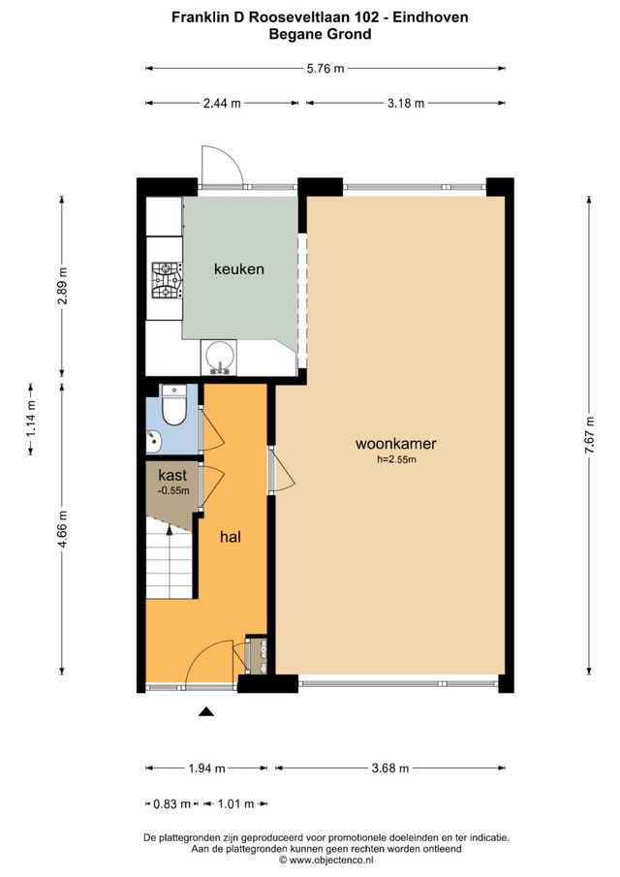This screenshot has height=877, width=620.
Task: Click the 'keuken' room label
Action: tap(239, 269)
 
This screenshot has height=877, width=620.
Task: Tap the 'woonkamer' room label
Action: tap(396, 445)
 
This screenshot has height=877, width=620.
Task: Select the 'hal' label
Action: tap(231, 536)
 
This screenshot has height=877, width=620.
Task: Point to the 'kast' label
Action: tap(172, 476)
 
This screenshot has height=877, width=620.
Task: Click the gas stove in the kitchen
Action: tap(166, 280)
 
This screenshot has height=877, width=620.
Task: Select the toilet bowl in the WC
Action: tap(175, 408)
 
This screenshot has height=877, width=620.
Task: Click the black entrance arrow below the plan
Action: tap(205, 713)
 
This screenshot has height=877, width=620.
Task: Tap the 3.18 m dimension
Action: tap(405, 103)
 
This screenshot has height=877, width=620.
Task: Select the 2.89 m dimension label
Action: tap(63, 286)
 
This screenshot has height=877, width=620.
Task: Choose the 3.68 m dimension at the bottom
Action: tap(389, 768)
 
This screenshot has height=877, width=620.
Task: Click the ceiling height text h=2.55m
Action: tap(396, 460)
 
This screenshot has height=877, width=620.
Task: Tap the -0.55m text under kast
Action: tap(172, 491)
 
